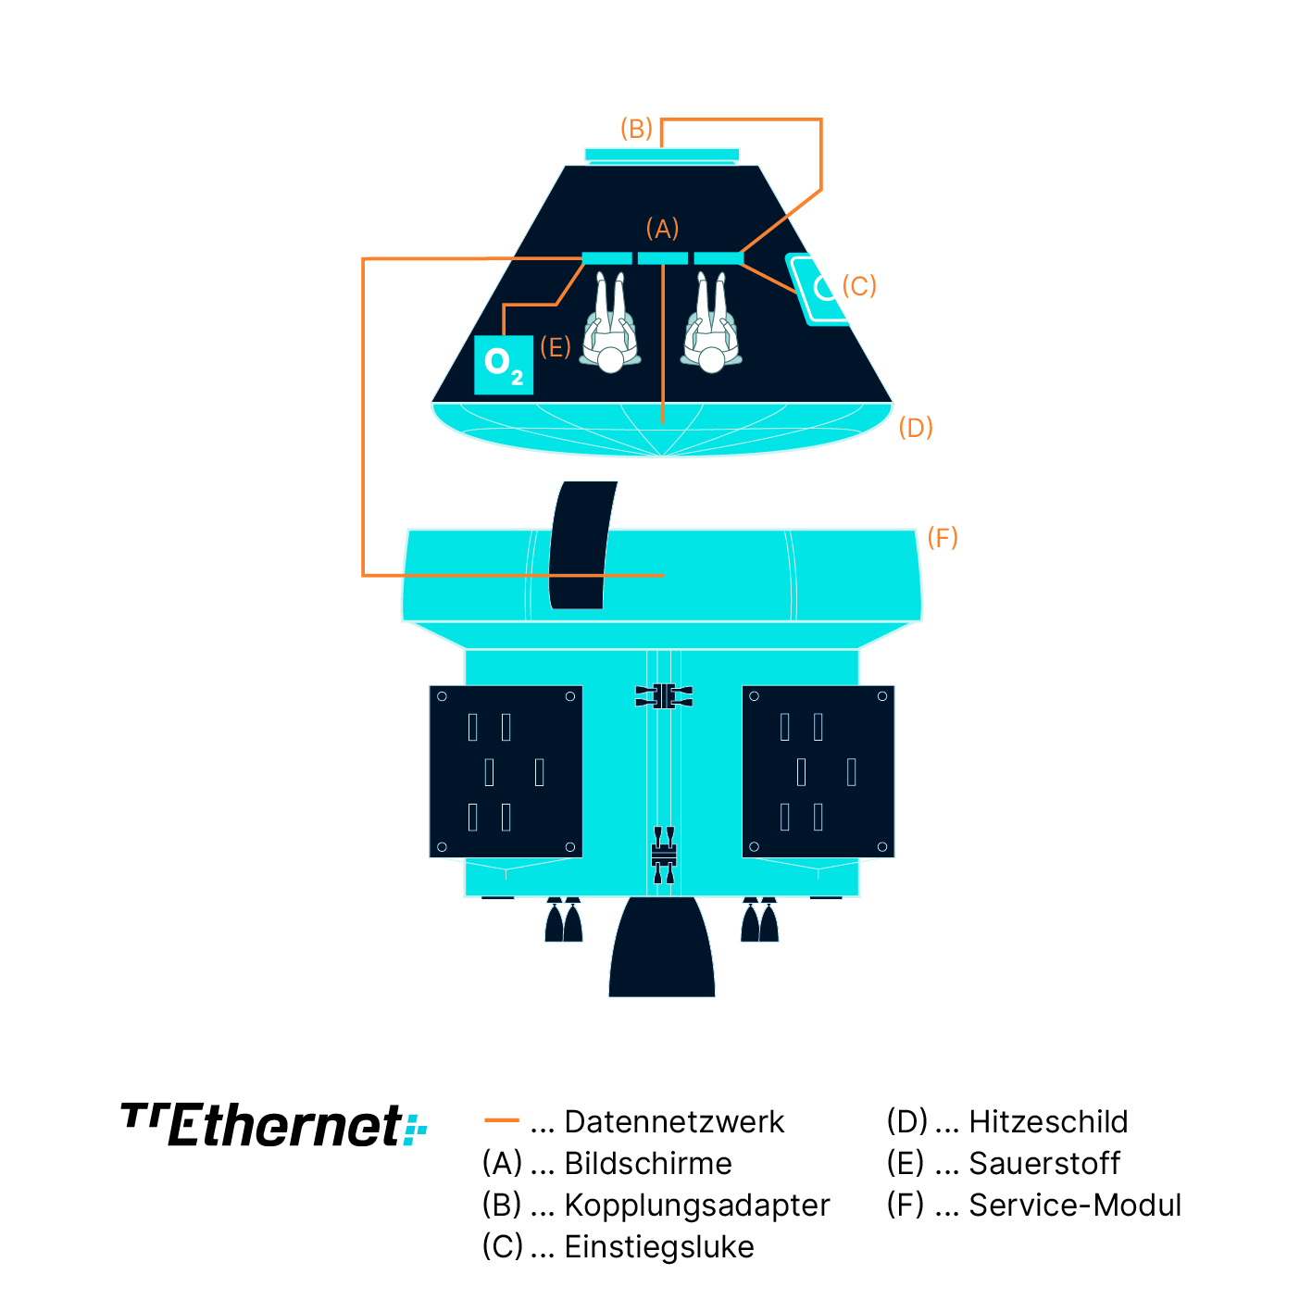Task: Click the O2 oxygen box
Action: (x=504, y=365)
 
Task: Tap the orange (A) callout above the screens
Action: (x=662, y=229)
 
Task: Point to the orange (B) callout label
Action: (x=636, y=129)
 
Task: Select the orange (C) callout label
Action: (x=859, y=286)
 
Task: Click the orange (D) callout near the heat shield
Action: (x=916, y=428)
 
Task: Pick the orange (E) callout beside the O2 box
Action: (x=555, y=347)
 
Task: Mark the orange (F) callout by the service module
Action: (x=943, y=538)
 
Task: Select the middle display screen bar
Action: (x=663, y=258)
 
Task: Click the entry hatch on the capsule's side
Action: (x=820, y=289)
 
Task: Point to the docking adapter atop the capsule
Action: (x=662, y=156)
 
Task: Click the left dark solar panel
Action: (x=506, y=771)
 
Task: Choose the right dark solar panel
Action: (x=818, y=771)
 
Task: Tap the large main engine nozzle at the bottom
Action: (x=662, y=949)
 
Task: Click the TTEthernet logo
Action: (x=274, y=1125)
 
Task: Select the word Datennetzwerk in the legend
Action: (x=674, y=1122)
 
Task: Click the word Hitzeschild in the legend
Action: (x=1048, y=1122)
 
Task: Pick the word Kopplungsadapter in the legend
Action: (x=697, y=1206)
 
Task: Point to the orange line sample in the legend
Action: (x=501, y=1121)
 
